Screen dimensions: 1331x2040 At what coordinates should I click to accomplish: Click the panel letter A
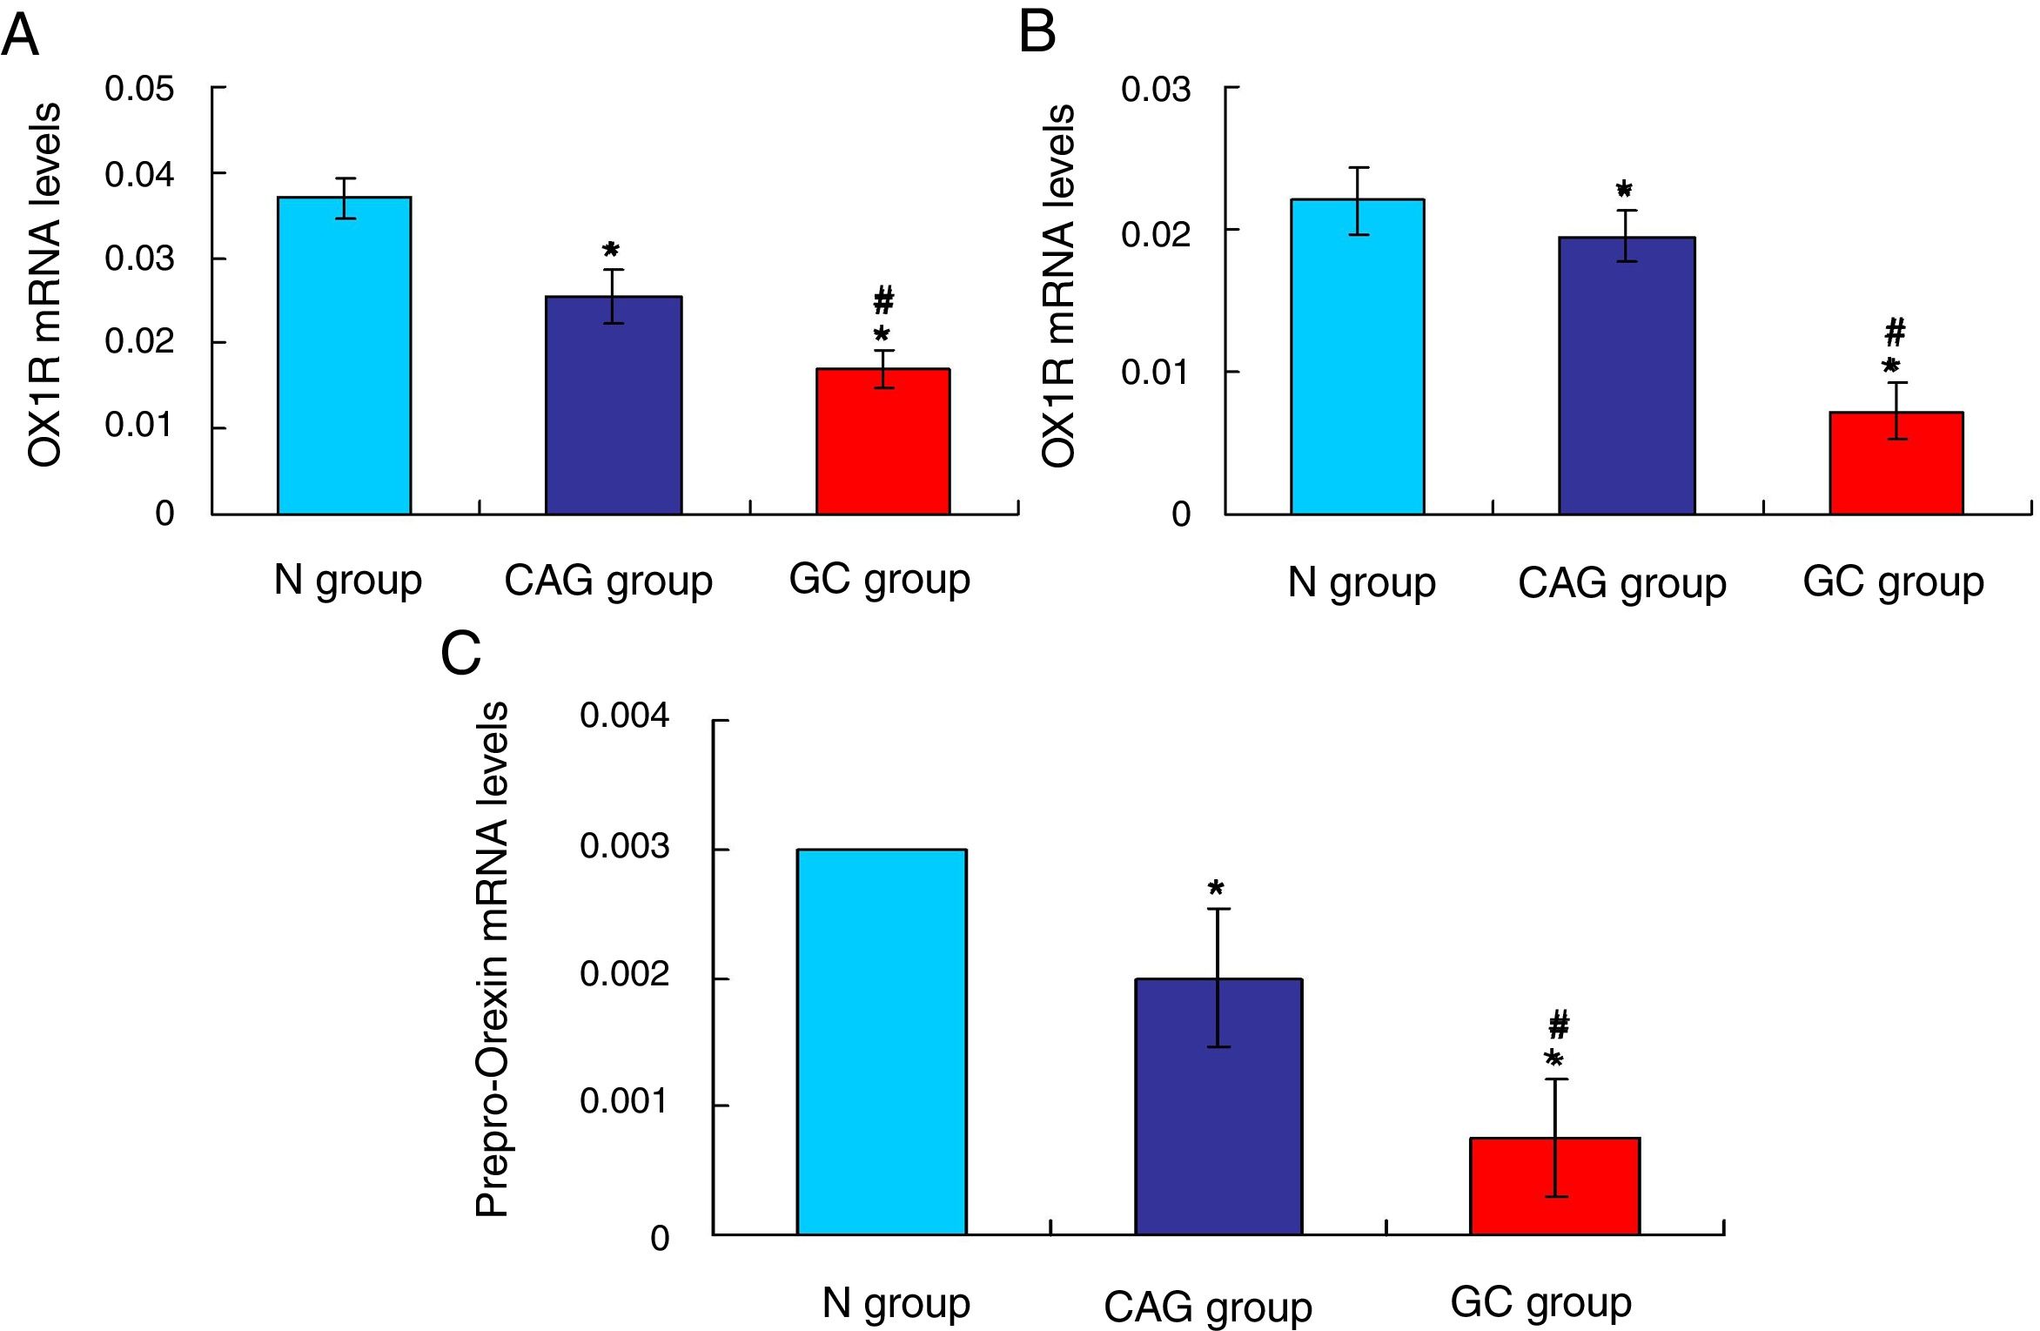(21, 36)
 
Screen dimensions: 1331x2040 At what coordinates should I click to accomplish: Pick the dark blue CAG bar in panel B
(1626, 375)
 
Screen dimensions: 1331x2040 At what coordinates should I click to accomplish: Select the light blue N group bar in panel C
(881, 1041)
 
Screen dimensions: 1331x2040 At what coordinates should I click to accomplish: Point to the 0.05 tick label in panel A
(139, 89)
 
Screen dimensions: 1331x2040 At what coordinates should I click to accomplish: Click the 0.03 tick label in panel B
(1155, 90)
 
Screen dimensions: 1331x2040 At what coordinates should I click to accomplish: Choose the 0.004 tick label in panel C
(624, 716)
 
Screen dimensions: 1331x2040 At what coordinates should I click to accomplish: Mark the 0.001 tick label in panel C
(624, 1101)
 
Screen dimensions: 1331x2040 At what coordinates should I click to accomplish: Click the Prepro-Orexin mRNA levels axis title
(493, 958)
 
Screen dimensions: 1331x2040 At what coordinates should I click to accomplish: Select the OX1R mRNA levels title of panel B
(1059, 286)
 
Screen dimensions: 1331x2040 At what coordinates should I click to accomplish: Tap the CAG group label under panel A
(608, 581)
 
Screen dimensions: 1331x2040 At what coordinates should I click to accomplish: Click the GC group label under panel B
(1893, 581)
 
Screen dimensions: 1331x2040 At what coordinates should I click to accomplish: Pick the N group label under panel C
(896, 1303)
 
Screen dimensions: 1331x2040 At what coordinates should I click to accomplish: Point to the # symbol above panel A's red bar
(883, 300)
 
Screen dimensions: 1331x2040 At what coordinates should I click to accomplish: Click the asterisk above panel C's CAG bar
(1216, 888)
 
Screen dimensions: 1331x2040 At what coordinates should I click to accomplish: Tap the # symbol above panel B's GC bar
(1895, 332)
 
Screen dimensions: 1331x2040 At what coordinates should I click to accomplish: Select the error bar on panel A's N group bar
(346, 198)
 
